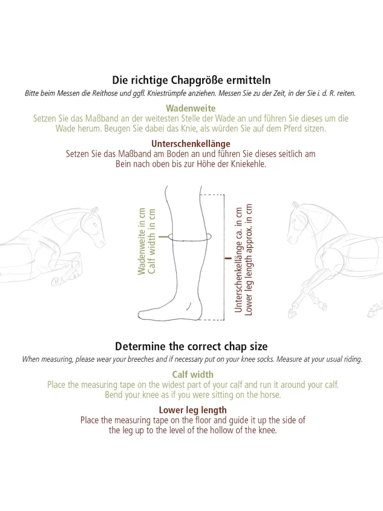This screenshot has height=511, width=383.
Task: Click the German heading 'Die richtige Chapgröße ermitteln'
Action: (191, 80)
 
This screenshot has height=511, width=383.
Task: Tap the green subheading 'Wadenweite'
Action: (190, 108)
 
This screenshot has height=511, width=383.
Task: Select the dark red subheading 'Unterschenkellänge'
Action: (190, 144)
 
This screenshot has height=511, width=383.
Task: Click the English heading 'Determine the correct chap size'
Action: (191, 346)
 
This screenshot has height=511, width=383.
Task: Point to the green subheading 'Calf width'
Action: (193, 375)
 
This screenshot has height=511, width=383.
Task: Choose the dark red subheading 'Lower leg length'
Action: (193, 410)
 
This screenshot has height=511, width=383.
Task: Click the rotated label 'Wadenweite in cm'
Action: (141, 242)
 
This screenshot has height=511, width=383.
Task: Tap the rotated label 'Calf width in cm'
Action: (152, 242)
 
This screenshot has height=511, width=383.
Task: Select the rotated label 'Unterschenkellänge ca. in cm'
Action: (238, 260)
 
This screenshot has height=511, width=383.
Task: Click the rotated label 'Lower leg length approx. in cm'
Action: (249, 260)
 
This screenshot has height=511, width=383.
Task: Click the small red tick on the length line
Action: (228, 259)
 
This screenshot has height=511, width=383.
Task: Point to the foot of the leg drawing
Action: (170, 311)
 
